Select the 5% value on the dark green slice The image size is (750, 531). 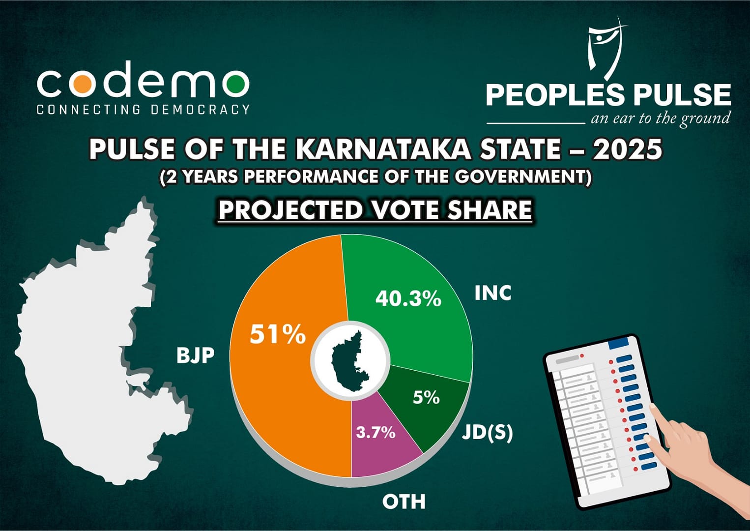pos(426,397)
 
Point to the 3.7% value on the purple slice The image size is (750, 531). pos(375,433)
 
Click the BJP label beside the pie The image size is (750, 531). pos(196,355)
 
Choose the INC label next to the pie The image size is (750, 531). pos(493,293)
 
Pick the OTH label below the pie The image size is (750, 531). pos(404,502)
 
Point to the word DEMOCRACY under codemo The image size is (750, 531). pos(200,109)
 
